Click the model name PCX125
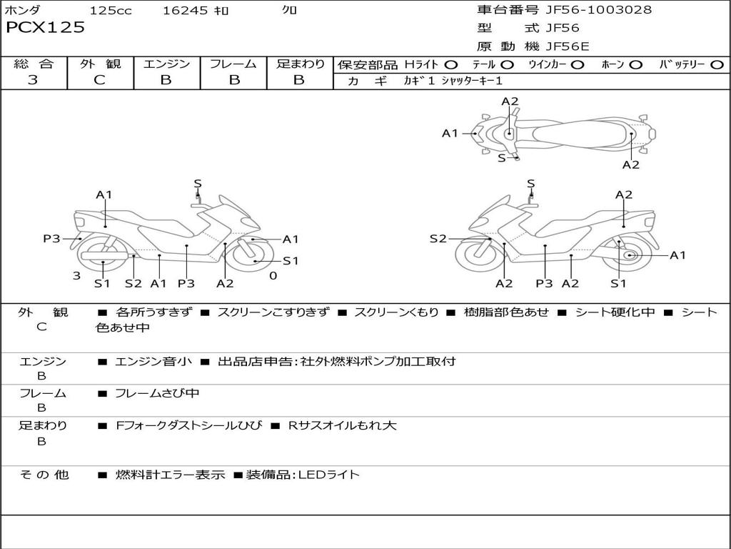tap(45, 27)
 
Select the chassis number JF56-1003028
tap(599, 9)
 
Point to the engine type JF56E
tap(568, 46)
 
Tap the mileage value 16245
tap(185, 10)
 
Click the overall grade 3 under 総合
tap(33, 79)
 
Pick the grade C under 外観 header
tap(99, 79)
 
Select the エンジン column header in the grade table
tap(166, 64)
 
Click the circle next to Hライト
tap(451, 65)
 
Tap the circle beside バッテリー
tap(717, 65)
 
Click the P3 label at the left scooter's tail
tap(51, 239)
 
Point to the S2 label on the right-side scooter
tap(438, 239)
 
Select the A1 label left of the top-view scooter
tap(450, 134)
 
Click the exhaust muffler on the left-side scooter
tap(105, 256)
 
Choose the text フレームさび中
tap(157, 393)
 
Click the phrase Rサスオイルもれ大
tap(342, 425)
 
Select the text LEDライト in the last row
tap(329, 475)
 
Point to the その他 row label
tap(44, 475)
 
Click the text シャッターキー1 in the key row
tap(472, 81)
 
